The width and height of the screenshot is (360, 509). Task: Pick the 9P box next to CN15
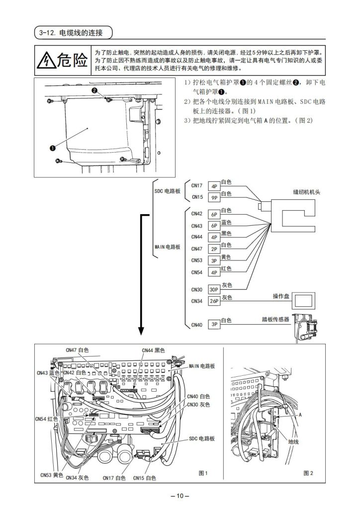214,197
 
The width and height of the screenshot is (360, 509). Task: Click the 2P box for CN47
214,249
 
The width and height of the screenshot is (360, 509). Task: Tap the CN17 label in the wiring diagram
197,186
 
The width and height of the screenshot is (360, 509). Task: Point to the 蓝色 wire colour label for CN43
226,222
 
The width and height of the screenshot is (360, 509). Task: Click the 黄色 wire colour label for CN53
226,257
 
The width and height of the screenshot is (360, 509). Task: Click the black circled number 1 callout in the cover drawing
52,147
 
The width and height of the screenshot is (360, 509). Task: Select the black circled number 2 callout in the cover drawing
94,90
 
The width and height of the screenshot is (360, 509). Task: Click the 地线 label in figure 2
294,441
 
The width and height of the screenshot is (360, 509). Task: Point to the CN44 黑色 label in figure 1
156,350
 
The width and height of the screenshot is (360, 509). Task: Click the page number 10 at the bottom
180,495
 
